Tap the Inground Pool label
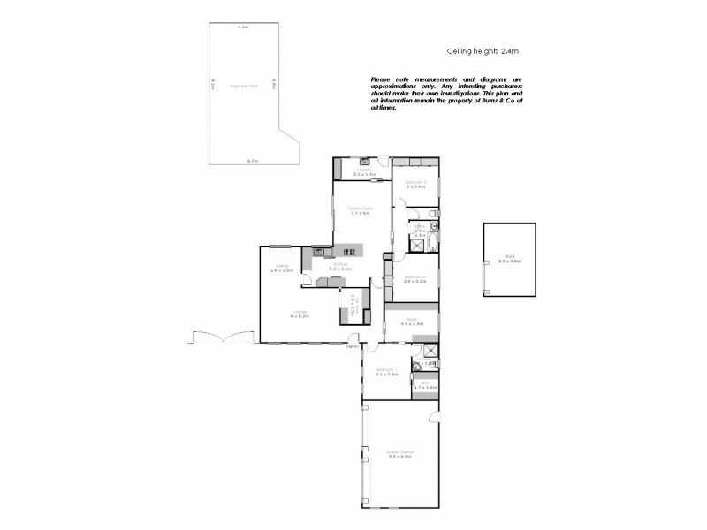coord(243,86)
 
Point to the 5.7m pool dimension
coord(252,161)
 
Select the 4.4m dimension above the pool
coord(242,28)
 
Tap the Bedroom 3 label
coord(416,184)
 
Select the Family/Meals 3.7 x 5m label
coord(359,211)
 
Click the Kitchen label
coord(340,266)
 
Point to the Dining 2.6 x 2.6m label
coord(282,268)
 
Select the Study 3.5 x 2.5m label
coord(412,322)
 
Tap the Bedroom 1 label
coord(387,372)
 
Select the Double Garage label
coord(400,455)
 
